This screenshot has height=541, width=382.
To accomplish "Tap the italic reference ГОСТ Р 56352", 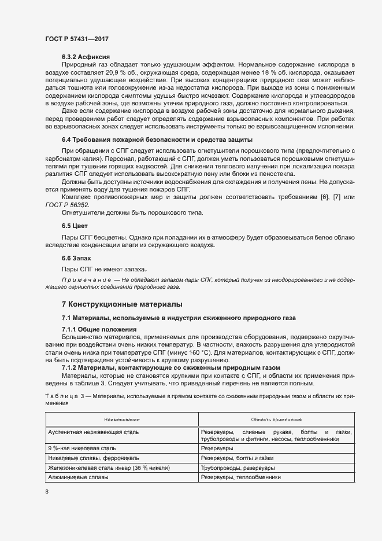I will tap(75, 205).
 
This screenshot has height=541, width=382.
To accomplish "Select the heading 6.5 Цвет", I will tap(75, 225).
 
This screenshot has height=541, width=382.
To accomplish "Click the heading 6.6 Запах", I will tap(76, 257).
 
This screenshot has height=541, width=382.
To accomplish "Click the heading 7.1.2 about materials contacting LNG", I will tap(170, 367).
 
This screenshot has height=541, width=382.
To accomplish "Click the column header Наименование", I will tap(122, 419).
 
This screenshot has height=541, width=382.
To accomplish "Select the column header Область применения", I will tap(276, 419).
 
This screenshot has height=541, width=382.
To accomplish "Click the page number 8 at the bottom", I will tap(47, 492).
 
